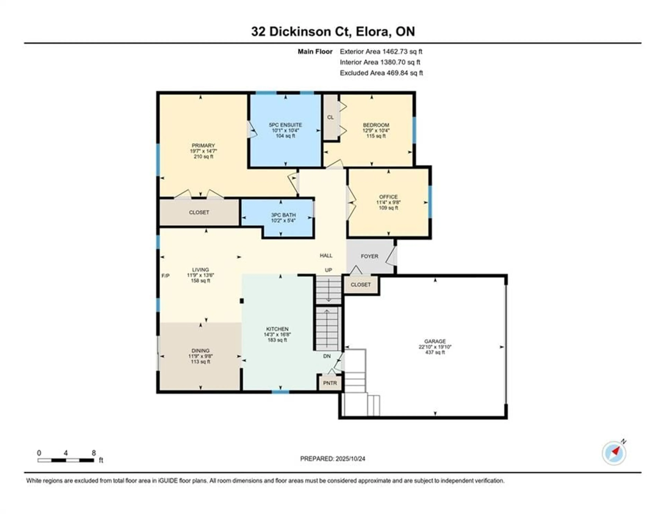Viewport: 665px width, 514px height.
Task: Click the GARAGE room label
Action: click(435, 341)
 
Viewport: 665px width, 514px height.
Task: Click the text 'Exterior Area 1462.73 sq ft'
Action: click(381, 52)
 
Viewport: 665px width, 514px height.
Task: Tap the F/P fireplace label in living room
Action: click(165, 276)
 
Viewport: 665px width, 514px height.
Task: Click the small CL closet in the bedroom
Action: click(330, 117)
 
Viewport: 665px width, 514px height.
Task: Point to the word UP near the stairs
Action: click(328, 270)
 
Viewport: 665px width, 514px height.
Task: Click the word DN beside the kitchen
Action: click(327, 356)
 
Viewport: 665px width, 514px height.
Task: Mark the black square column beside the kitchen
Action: click(242, 301)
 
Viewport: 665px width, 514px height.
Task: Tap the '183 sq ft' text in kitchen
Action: click(277, 340)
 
